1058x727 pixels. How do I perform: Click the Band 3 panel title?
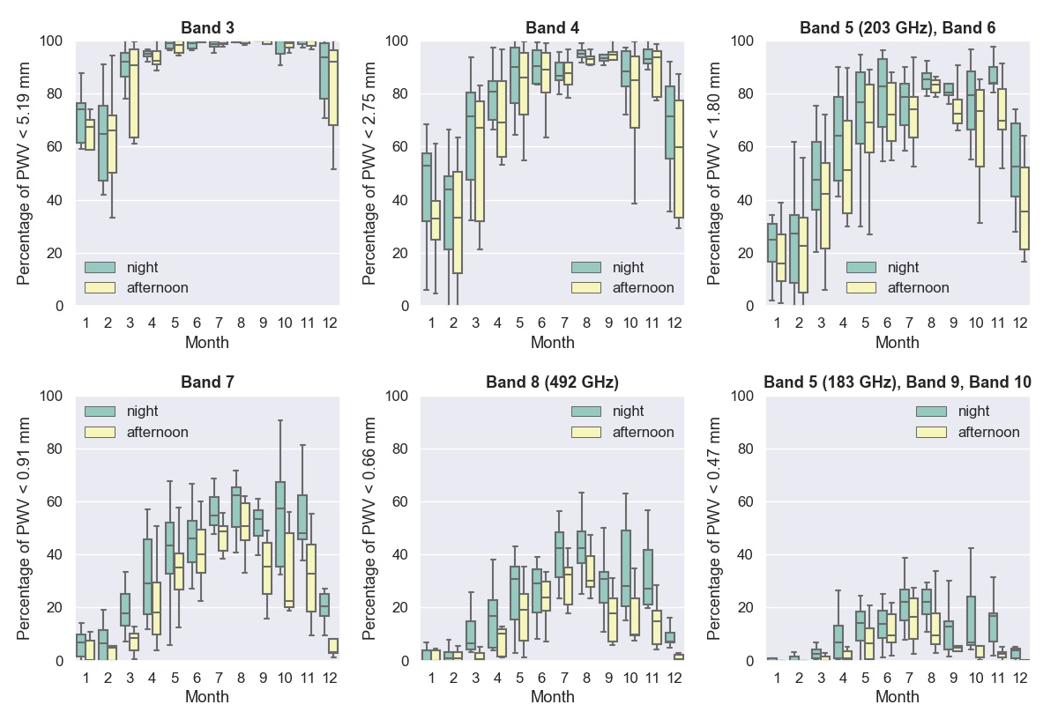pyautogui.click(x=207, y=27)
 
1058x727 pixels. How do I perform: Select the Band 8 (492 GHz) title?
pyautogui.click(x=552, y=382)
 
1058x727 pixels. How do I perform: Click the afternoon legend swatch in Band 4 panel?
pyautogui.click(x=585, y=287)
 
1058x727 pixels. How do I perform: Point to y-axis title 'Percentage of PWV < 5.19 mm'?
pyautogui.click(x=25, y=173)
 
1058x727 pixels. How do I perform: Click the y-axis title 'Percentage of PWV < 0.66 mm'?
pyautogui.click(x=370, y=528)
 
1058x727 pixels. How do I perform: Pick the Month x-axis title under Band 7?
pyautogui.click(x=207, y=697)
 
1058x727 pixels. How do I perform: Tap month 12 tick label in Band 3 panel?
pyautogui.click(x=328, y=323)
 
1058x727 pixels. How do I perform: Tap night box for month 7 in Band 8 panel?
pyautogui.click(x=559, y=554)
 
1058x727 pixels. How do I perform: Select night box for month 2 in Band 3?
pyautogui.click(x=102, y=143)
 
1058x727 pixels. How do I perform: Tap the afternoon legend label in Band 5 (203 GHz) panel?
pyautogui.click(x=918, y=287)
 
